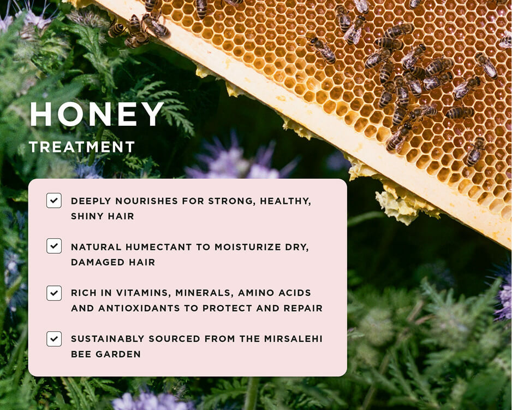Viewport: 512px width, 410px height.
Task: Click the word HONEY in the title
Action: pos(97,114)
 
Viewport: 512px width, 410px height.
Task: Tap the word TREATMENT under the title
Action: pos(82,147)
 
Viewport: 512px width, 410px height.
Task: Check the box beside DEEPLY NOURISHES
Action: pos(54,201)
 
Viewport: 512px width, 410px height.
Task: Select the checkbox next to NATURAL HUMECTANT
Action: pos(54,246)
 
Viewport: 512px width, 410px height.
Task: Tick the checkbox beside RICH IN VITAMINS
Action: pos(54,293)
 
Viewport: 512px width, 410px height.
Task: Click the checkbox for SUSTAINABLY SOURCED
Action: pos(54,339)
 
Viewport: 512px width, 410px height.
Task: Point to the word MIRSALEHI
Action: pos(293,339)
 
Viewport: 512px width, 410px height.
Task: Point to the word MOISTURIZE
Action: pos(247,247)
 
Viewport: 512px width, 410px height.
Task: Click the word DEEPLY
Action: pos(91,201)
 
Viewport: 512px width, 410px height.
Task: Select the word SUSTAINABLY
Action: pos(108,339)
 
